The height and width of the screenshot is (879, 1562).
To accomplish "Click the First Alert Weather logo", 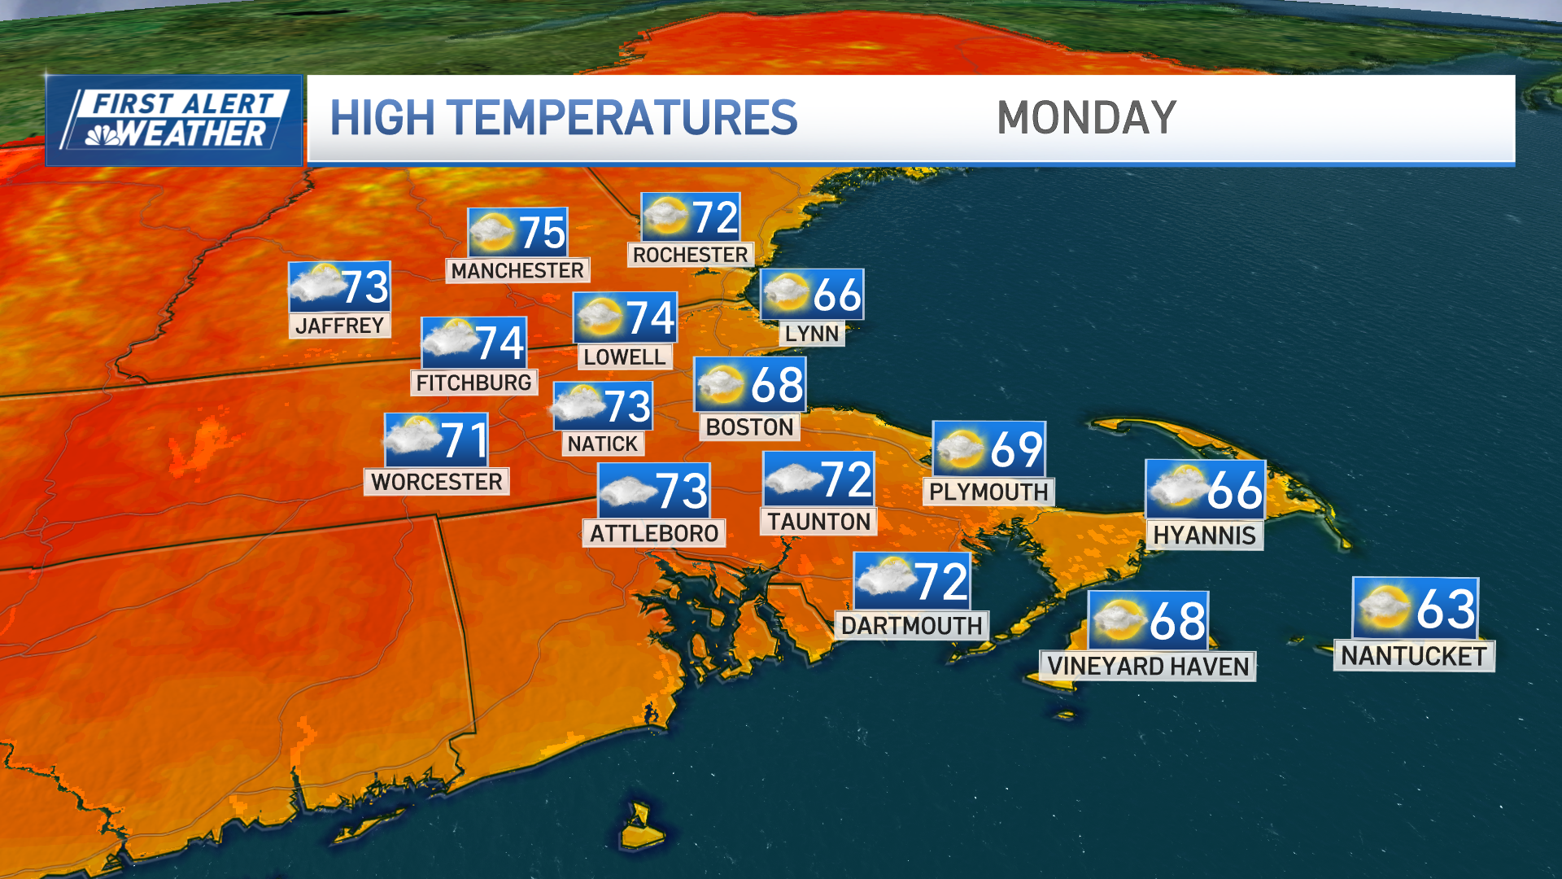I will click(174, 120).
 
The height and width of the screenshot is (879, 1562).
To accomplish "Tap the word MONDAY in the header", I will click(1086, 118).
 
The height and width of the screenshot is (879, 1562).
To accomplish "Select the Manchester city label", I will click(517, 270).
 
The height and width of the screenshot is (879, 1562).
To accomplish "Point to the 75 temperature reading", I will click(542, 233).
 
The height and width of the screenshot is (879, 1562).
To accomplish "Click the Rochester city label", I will click(690, 255).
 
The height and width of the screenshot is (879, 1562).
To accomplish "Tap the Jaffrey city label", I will click(339, 326).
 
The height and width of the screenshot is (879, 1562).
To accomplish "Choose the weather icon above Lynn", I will click(786, 293).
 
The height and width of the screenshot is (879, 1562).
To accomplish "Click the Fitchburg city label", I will click(473, 383).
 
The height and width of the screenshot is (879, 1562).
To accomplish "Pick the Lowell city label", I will click(624, 356).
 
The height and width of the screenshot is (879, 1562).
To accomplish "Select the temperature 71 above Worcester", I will click(464, 440).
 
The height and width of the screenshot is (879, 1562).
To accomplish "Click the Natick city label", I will click(602, 444).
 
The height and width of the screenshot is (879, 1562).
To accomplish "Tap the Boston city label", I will click(749, 427).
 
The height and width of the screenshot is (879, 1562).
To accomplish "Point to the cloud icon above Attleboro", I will click(626, 491).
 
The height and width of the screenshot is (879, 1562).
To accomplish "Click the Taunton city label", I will click(818, 522).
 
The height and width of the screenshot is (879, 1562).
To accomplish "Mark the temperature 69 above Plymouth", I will click(1016, 449).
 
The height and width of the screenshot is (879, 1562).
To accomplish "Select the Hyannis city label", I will click(1204, 535).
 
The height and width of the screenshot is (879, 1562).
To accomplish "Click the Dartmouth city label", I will click(911, 625).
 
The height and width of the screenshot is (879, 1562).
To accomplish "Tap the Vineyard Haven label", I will click(1147, 666).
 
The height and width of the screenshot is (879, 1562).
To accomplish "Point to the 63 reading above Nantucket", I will click(1445, 609).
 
